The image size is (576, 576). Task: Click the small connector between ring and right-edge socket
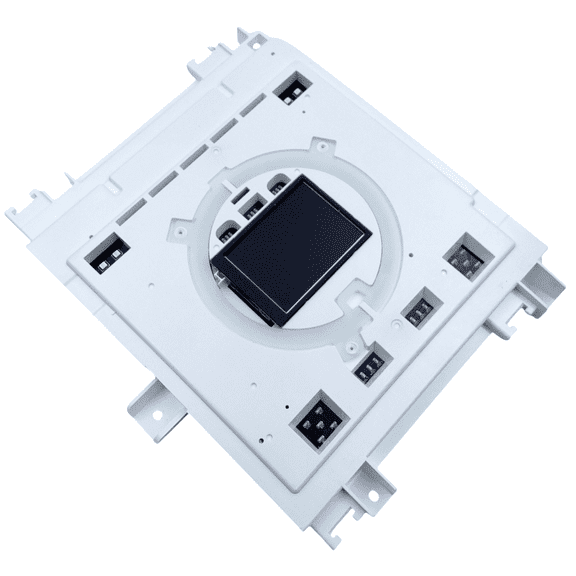point(417,306)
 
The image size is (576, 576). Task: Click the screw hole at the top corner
point(256,42)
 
